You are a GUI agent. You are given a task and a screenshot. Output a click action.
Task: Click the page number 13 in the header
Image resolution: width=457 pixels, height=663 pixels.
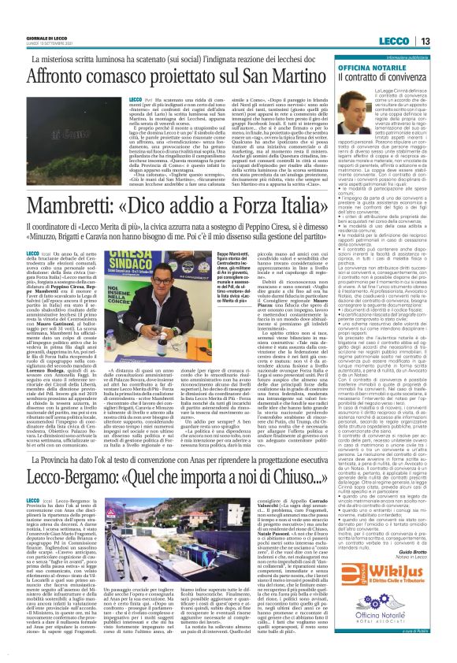tap(444, 20)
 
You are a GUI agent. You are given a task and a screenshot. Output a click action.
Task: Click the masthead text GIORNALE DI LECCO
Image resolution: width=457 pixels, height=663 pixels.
tap(29, 18)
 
